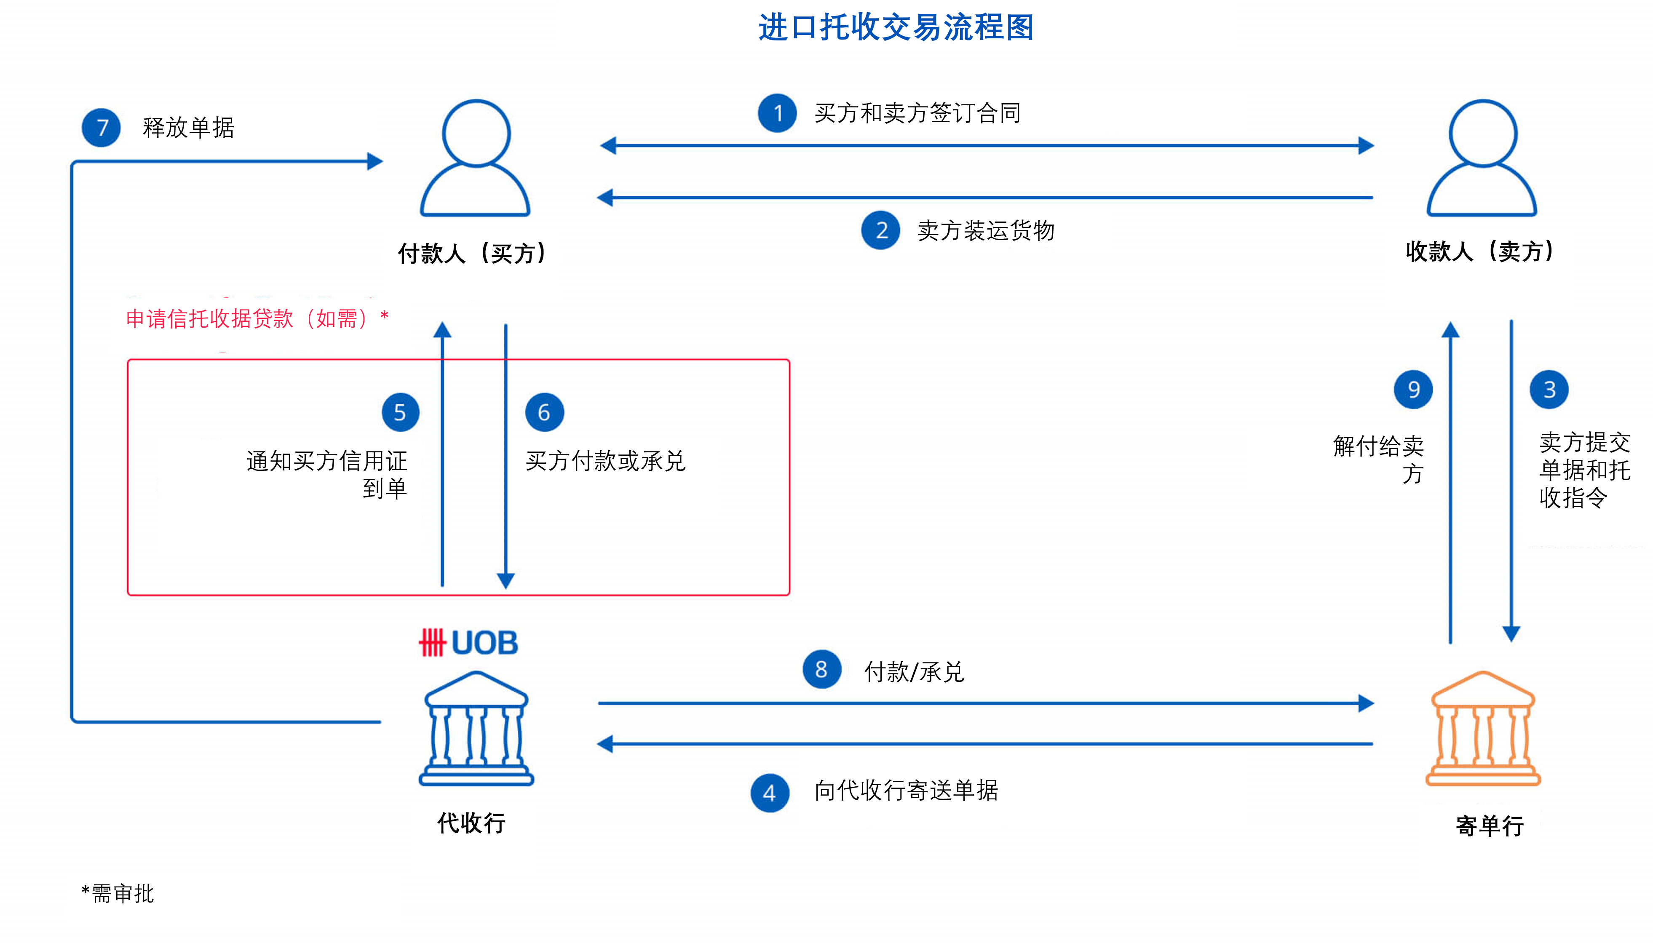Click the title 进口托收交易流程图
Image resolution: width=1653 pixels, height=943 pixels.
tap(896, 28)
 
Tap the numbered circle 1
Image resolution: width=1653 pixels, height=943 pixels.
tap(777, 113)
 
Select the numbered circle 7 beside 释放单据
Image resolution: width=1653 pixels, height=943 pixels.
tap(101, 128)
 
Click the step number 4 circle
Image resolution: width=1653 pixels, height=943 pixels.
tap(770, 793)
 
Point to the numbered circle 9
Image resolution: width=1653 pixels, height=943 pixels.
tap(1413, 389)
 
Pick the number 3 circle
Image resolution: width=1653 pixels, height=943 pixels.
tap(1549, 389)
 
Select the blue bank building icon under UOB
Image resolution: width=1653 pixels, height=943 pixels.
tap(476, 729)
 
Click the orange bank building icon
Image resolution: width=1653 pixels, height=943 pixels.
tap(1483, 729)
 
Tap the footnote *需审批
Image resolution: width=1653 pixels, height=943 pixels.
tap(118, 894)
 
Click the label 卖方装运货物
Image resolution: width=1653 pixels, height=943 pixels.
tap(985, 230)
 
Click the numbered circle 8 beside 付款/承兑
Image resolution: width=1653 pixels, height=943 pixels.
tap(821, 669)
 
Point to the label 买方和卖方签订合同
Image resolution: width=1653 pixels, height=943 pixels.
tap(917, 113)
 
